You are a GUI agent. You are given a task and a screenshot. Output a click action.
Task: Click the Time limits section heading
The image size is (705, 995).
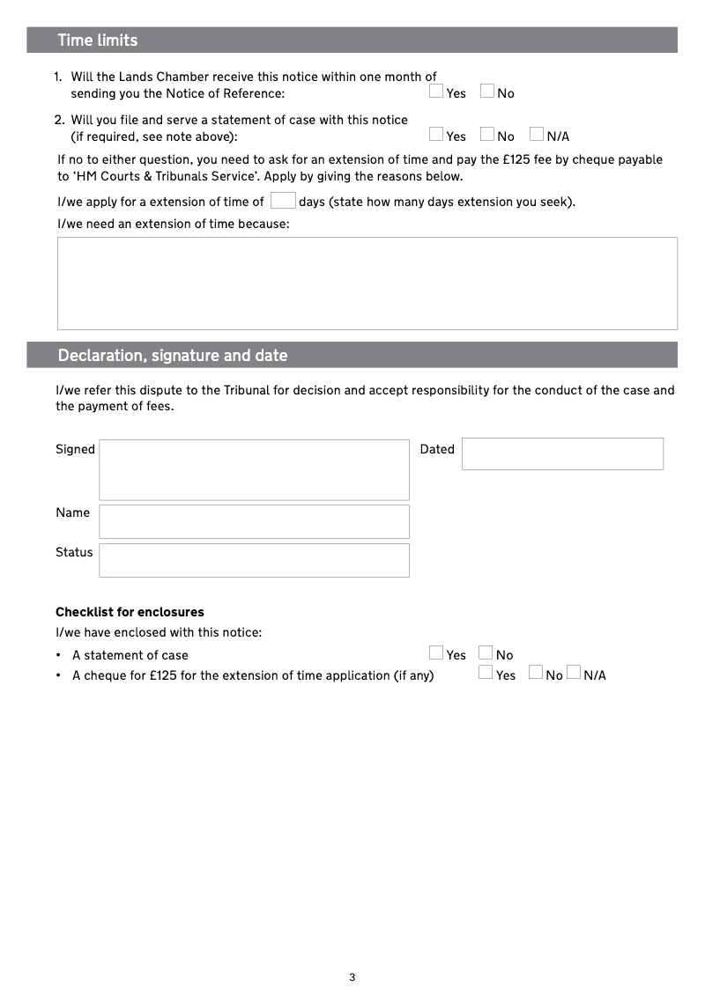pyautogui.click(x=98, y=41)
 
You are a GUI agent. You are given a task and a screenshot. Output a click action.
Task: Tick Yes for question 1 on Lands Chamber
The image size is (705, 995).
pyautogui.click(x=436, y=91)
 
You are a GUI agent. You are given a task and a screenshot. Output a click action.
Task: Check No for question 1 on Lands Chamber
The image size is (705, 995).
pyautogui.click(x=487, y=91)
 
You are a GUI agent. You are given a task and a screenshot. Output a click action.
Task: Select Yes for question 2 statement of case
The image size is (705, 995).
pyautogui.click(x=436, y=134)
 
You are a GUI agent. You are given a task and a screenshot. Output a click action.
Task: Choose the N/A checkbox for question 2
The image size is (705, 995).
pyautogui.click(x=537, y=134)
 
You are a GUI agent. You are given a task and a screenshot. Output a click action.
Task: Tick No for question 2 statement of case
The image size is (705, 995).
pyautogui.click(x=487, y=134)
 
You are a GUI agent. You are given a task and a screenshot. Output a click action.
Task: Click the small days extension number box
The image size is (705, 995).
pyautogui.click(x=282, y=201)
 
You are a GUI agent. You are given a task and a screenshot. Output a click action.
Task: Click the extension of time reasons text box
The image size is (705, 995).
pyautogui.click(x=367, y=283)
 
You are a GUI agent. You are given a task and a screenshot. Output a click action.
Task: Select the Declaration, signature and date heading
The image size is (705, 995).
pyautogui.click(x=173, y=356)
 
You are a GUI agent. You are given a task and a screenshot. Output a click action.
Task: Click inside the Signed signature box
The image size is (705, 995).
pyautogui.click(x=254, y=470)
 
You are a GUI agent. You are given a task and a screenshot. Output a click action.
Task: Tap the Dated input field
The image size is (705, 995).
pyautogui.click(x=562, y=453)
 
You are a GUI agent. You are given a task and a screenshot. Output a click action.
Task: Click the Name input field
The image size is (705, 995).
pyautogui.click(x=254, y=521)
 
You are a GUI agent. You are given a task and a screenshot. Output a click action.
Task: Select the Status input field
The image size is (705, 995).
pyautogui.click(x=254, y=560)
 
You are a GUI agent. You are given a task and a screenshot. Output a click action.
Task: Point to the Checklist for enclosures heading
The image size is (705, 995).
pyautogui.click(x=130, y=612)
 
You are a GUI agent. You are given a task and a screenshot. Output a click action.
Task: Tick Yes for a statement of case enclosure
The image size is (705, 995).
pyautogui.click(x=436, y=652)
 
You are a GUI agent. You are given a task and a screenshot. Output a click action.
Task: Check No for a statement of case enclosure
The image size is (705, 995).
pyautogui.click(x=486, y=652)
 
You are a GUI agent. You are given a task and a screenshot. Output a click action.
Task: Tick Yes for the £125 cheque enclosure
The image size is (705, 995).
pyautogui.click(x=486, y=673)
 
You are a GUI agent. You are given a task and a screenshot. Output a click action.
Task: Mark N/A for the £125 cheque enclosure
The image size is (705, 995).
pyautogui.click(x=574, y=673)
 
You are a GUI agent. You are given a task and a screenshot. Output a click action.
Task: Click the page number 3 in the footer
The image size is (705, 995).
pyautogui.click(x=352, y=977)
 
